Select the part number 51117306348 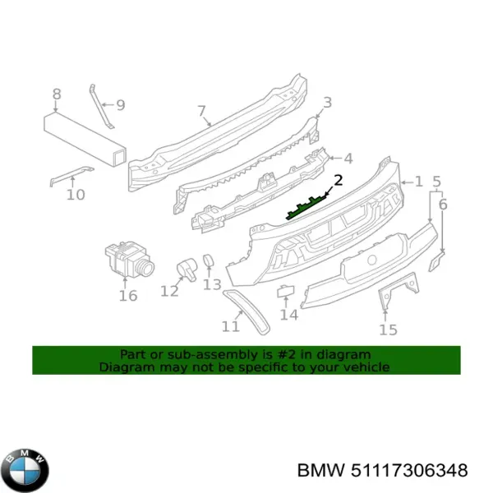point(394,471)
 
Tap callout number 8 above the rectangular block point(56,94)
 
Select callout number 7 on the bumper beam point(201,111)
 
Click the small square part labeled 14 point(284,289)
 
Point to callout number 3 point(327,103)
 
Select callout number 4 point(348,159)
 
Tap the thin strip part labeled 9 point(102,104)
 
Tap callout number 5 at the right point(437,182)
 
